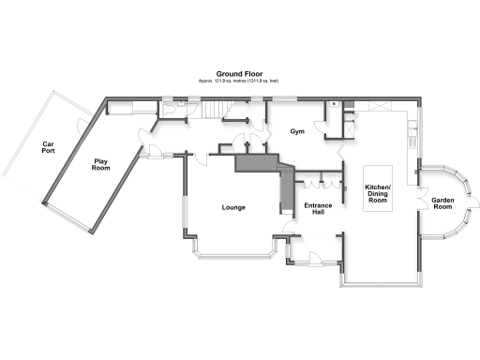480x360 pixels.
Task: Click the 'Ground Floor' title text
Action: pyautogui.click(x=240, y=73)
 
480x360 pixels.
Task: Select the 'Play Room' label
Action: pyautogui.click(x=100, y=164)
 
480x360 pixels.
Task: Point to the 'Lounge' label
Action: pyautogui.click(x=233, y=207)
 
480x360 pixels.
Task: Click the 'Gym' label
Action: pyautogui.click(x=298, y=133)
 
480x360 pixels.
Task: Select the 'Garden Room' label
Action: pyautogui.click(x=442, y=202)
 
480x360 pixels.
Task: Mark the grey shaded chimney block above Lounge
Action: pyautogui.click(x=258, y=164)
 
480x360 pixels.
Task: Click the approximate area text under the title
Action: pyautogui.click(x=240, y=82)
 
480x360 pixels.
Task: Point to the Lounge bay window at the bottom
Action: pyautogui.click(x=234, y=254)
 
